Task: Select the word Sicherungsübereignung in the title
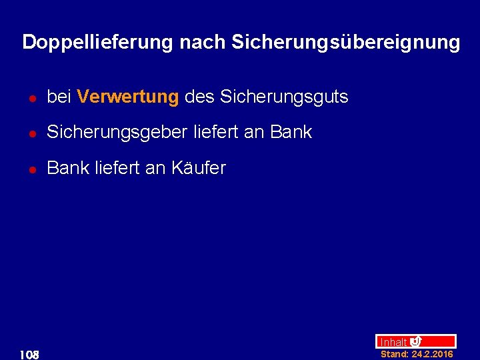[x=345, y=43]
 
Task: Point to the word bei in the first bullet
[x=59, y=97]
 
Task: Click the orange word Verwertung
[x=128, y=97]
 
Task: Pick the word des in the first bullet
[x=199, y=97]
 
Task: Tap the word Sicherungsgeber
[x=118, y=133]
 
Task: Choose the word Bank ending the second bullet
[x=291, y=133]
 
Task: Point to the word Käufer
[x=199, y=169]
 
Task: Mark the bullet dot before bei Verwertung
[x=31, y=99]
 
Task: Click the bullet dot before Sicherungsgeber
[x=31, y=134]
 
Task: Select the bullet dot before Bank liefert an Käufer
[x=31, y=170]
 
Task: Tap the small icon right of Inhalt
[x=416, y=341]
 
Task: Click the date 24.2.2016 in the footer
[x=432, y=354]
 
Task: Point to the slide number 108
[x=29, y=353]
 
